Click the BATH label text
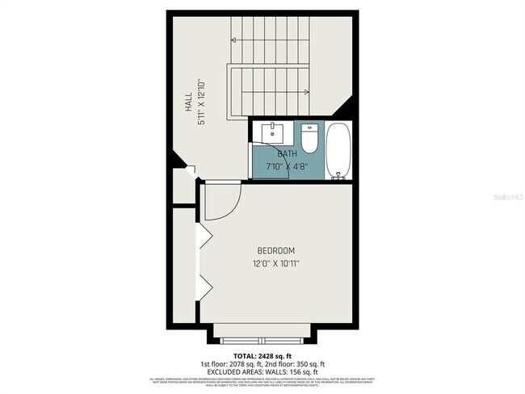click(287, 153)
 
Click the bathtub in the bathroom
click(338, 150)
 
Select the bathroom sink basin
click(275, 132)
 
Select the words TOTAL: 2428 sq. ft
click(262, 354)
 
